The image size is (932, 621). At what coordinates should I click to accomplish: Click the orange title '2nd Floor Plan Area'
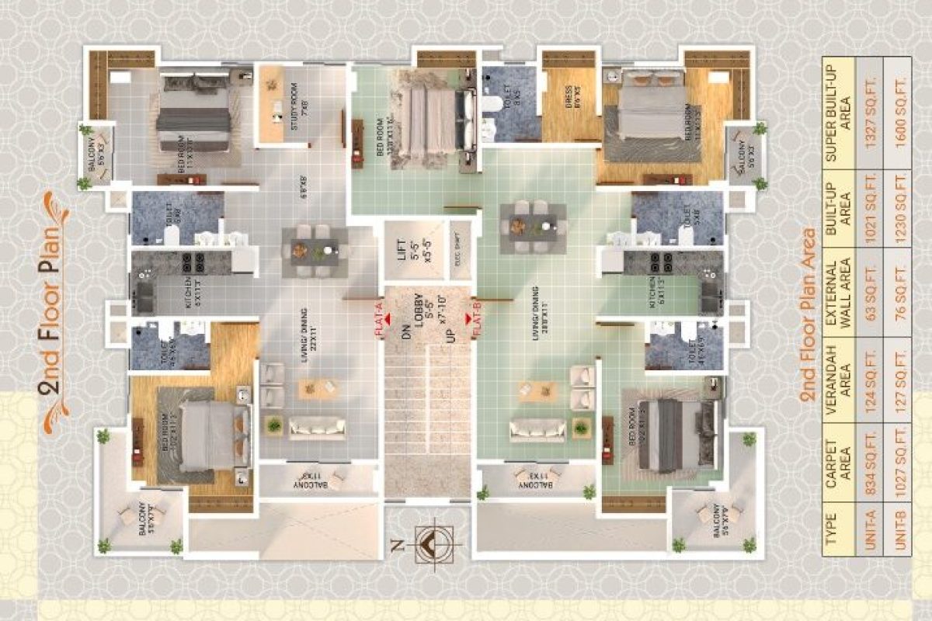[808, 314]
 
